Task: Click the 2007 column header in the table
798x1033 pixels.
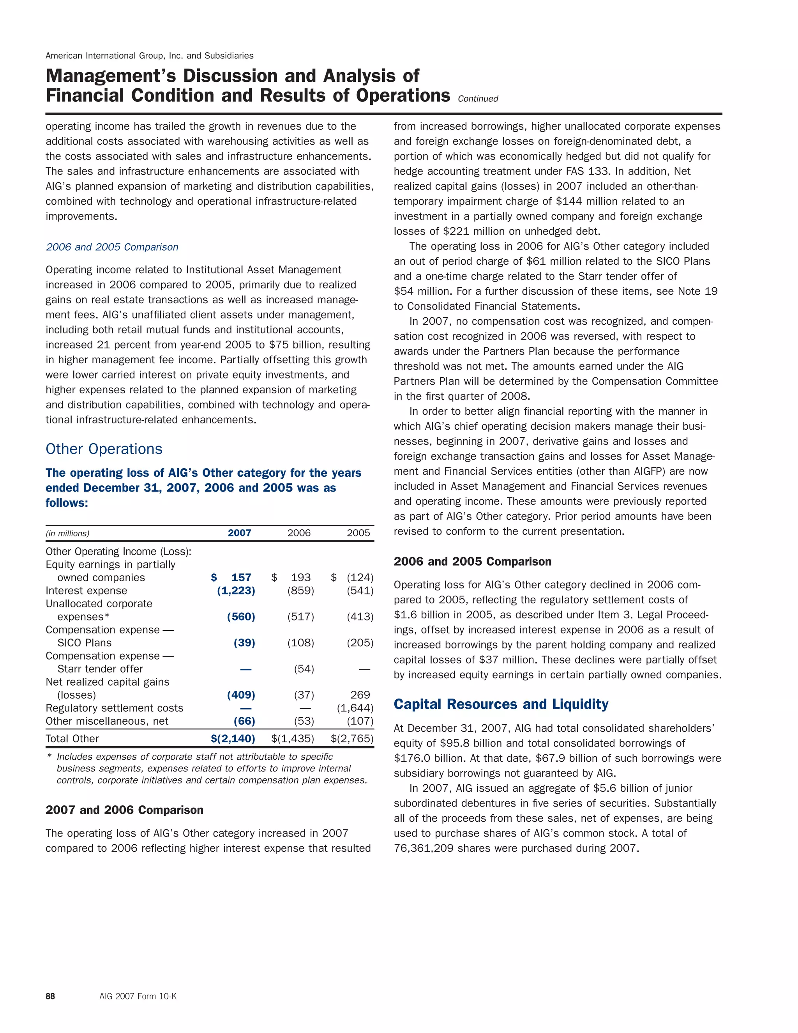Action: (239, 533)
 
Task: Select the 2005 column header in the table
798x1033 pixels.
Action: (358, 533)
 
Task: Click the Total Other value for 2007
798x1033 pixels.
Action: (233, 739)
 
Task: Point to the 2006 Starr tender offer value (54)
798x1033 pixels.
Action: (304, 669)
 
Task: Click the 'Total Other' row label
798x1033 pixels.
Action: (72, 739)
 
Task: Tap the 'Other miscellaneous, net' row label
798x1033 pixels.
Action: (107, 721)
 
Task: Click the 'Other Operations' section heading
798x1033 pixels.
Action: (104, 449)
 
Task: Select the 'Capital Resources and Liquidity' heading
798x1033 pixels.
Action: (501, 704)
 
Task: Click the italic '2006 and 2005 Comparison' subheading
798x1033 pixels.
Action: (112, 247)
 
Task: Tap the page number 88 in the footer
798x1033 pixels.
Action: (50, 996)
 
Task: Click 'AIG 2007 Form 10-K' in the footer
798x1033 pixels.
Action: (138, 996)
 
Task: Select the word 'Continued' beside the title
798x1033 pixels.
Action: (478, 99)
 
